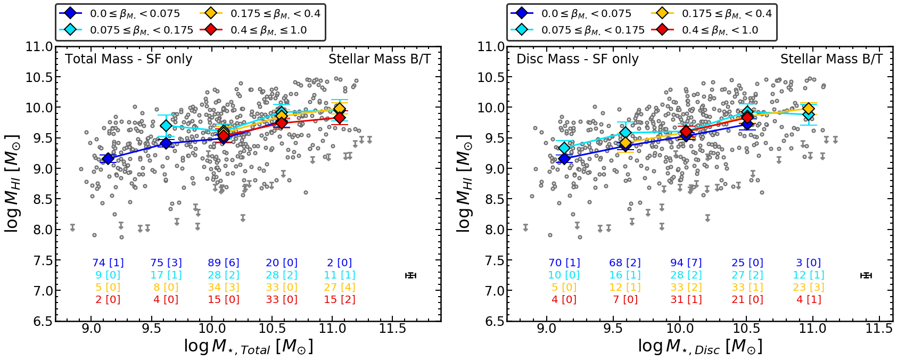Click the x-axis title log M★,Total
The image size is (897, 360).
point(248,347)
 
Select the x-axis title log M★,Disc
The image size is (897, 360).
point(700,347)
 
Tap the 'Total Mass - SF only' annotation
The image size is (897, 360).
point(128,59)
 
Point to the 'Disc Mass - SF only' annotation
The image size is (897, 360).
point(577,59)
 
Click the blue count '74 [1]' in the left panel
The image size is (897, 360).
point(108,263)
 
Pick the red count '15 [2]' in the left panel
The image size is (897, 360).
point(340,299)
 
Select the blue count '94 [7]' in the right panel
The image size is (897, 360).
point(686,263)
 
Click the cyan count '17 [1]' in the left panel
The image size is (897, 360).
point(166,275)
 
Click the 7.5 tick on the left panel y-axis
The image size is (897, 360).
point(39,260)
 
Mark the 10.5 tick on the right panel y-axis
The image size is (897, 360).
point(491,77)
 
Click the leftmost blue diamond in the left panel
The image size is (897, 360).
point(108,158)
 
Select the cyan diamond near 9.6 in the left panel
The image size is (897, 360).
point(166,126)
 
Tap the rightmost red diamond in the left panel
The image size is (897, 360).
point(340,118)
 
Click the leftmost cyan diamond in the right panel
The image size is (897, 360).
point(564,148)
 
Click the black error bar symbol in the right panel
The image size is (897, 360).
point(866,275)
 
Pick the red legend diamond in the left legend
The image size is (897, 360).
point(211,30)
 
